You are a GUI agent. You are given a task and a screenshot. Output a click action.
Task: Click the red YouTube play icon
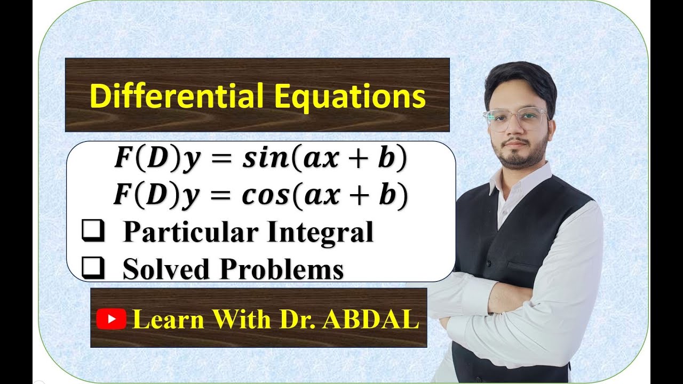click(111, 319)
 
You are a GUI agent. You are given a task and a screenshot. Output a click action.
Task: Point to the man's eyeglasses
click(515, 119)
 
